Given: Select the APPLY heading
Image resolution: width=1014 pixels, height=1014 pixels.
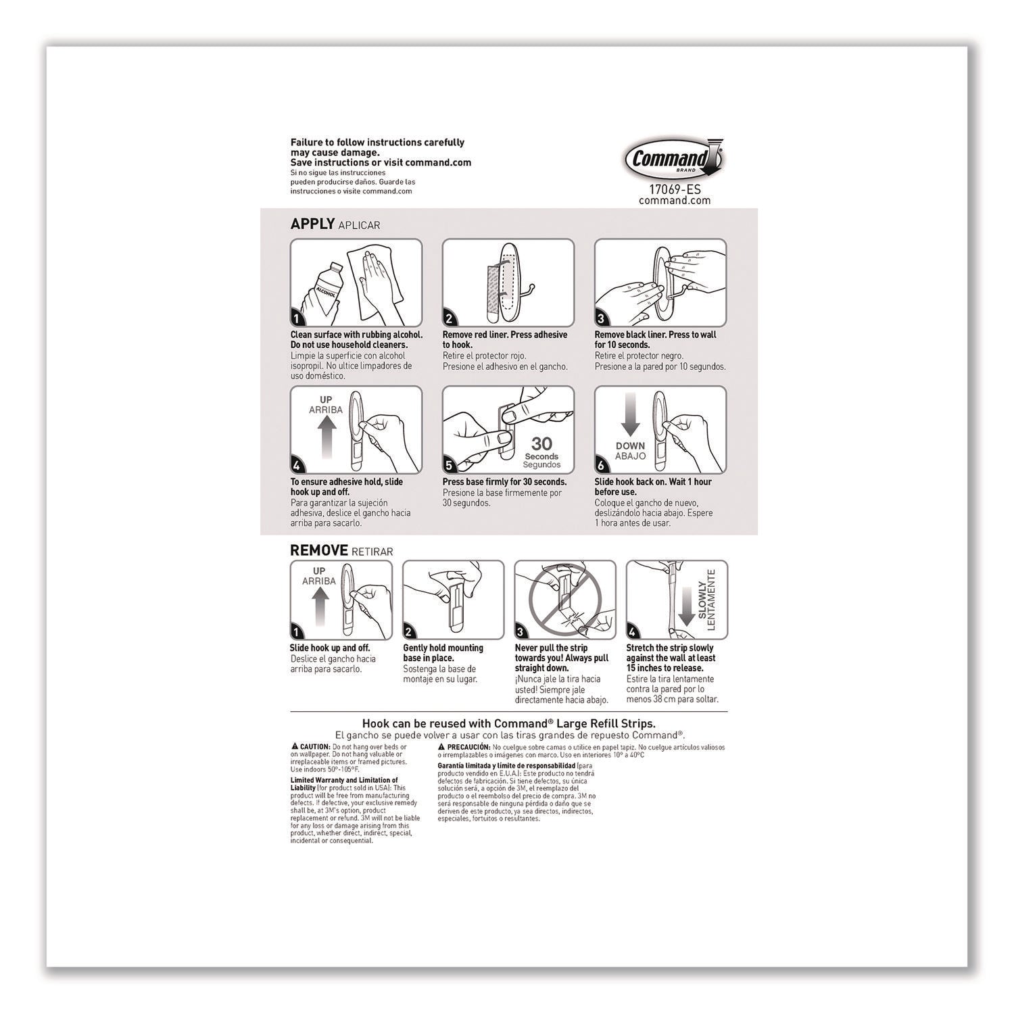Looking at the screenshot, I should click(312, 224).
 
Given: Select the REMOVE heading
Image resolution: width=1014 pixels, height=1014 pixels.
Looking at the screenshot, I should click(319, 550).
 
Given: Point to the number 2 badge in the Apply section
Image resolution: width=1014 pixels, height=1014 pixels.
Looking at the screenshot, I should click(449, 319).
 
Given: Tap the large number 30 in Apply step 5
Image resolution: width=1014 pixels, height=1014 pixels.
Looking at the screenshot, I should click(541, 443).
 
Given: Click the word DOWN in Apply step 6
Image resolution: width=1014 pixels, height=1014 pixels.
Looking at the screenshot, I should click(630, 445).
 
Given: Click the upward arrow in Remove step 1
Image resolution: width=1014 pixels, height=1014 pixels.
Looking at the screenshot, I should click(321, 604).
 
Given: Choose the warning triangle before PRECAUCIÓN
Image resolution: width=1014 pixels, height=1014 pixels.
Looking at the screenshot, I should click(442, 747).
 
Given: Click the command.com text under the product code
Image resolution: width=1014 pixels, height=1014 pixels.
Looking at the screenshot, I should click(674, 200).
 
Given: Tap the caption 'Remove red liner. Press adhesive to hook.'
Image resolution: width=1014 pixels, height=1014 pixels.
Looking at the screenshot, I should click(505, 339).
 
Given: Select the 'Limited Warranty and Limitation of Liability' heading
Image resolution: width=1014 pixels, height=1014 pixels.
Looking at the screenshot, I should click(343, 783).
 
